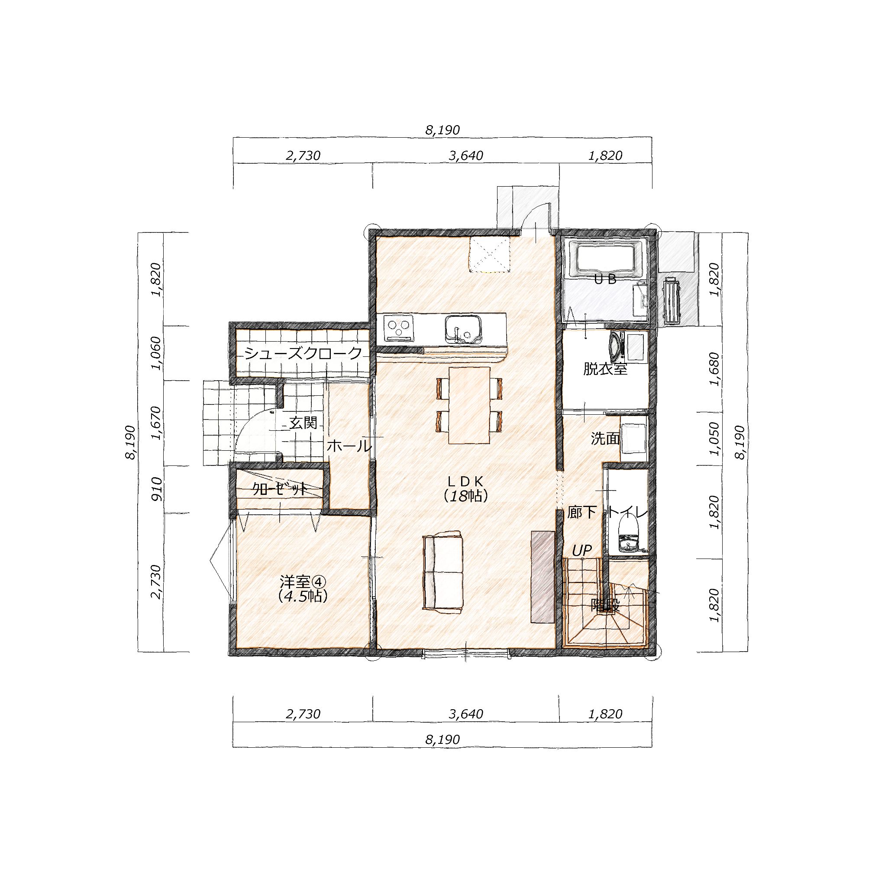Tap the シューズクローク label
pos(304,353)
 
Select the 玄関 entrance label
pos(304,423)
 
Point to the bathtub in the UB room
pos(605,259)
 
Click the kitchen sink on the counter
pos(463,328)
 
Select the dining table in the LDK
pos(469,405)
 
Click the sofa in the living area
pos(443,572)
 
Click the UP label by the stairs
pos(582,550)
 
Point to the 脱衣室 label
pos(605,369)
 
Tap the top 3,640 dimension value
pos(466,156)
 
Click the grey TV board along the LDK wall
pos(543,577)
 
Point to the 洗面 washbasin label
pos(605,439)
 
